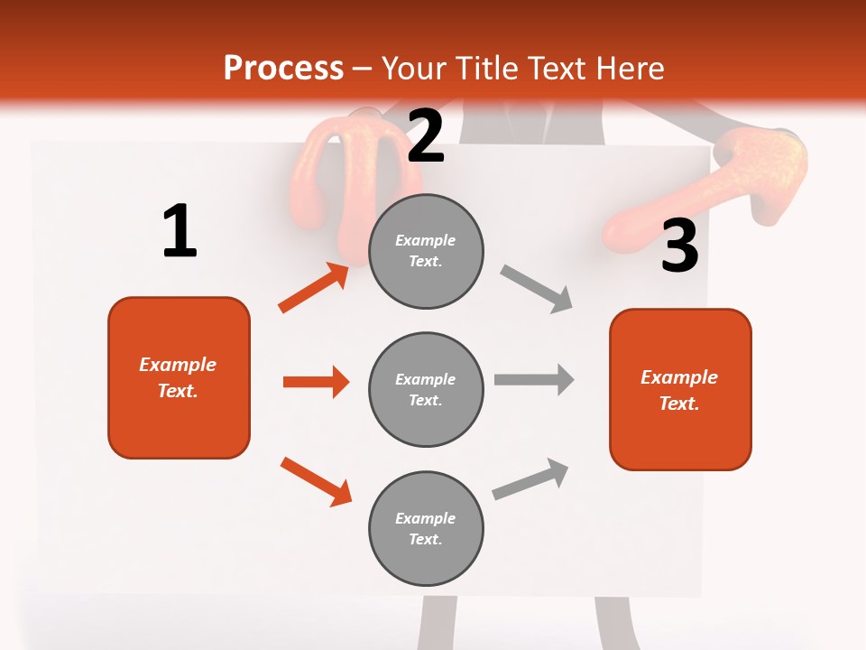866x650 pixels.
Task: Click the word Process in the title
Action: pos(283,68)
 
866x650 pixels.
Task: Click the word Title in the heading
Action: pos(485,68)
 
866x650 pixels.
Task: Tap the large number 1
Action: pos(180,232)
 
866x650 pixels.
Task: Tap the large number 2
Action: pos(426,136)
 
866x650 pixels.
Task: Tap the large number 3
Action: pos(679,246)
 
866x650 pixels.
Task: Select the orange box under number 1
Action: pos(179,377)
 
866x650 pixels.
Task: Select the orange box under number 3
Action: pos(680,389)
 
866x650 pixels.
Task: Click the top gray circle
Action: pos(426,251)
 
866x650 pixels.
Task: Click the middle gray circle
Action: pos(426,389)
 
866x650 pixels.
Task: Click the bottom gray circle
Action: pos(426,528)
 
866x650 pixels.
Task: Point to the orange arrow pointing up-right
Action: pos(313,288)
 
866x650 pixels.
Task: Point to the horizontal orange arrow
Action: pos(316,382)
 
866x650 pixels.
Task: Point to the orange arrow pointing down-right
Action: pos(316,481)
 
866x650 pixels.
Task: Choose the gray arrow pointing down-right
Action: pos(537,289)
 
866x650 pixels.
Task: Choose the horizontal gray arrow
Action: pos(534,379)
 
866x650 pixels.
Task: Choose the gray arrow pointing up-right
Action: pos(530,479)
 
